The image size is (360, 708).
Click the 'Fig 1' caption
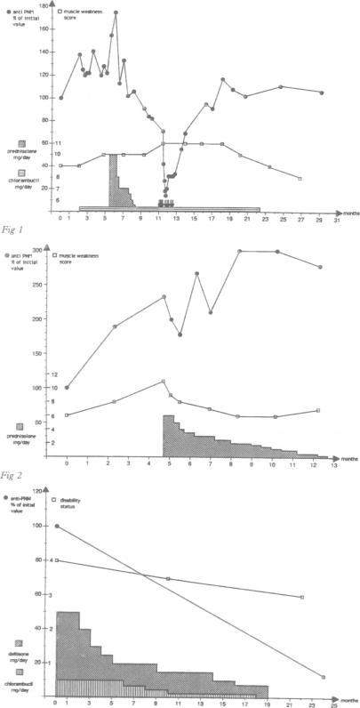[x=13, y=226]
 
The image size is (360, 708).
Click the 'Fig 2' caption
[x=13, y=476]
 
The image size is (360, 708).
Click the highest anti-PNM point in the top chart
[x=116, y=13]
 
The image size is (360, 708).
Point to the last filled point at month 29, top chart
[x=321, y=93]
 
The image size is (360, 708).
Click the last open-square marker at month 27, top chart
[x=300, y=179]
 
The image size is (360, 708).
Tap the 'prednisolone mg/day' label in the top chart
[x=32, y=156]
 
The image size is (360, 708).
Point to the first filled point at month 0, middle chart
[x=67, y=387]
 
